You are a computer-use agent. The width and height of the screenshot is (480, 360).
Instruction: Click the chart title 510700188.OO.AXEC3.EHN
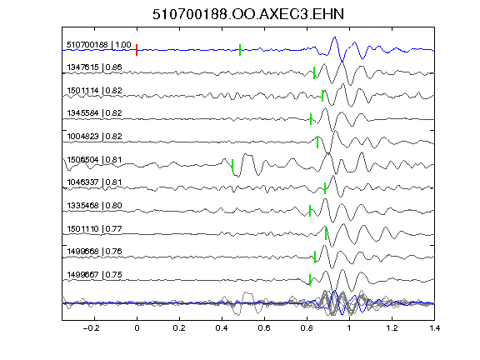pyautogui.click(x=248, y=14)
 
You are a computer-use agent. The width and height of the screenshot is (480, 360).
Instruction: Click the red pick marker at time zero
pyautogui.click(x=137, y=50)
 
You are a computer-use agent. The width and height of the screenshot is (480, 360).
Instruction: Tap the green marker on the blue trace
pyautogui.click(x=240, y=50)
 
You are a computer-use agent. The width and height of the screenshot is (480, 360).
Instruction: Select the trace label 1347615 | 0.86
pyautogui.click(x=95, y=67)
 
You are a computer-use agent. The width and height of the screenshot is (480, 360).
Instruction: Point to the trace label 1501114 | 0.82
pyautogui.click(x=95, y=90)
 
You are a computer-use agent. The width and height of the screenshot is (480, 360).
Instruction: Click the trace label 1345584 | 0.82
pyautogui.click(x=95, y=113)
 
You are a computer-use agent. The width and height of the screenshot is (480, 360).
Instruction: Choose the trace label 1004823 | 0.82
pyautogui.click(x=95, y=136)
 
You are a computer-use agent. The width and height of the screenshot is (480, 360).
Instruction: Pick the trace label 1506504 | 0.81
pyautogui.click(x=95, y=159)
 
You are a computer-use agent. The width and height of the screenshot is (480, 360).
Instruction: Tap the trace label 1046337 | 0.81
pyautogui.click(x=95, y=182)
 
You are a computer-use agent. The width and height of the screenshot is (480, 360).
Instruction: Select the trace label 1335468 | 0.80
pyautogui.click(x=95, y=205)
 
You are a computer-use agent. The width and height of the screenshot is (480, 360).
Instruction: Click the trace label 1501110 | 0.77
pyautogui.click(x=95, y=228)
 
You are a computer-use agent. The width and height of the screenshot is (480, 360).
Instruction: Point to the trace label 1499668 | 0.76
pyautogui.click(x=95, y=252)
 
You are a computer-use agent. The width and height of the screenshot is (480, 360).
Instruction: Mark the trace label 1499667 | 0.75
pyautogui.click(x=95, y=275)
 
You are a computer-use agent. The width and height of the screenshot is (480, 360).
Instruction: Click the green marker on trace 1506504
pyautogui.click(x=232, y=165)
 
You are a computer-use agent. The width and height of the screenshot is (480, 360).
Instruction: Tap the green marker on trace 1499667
pyautogui.click(x=310, y=280)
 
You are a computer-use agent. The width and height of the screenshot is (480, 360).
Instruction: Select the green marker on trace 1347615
pyautogui.click(x=314, y=72)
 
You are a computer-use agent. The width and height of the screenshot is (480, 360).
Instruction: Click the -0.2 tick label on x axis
pyautogui.click(x=92, y=328)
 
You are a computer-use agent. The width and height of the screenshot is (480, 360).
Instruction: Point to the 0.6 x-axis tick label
pyautogui.click(x=264, y=328)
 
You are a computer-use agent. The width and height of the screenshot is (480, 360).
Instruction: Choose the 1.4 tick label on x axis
pyautogui.click(x=434, y=328)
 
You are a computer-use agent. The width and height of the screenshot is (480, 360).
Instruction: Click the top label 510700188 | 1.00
pyautogui.click(x=99, y=45)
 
